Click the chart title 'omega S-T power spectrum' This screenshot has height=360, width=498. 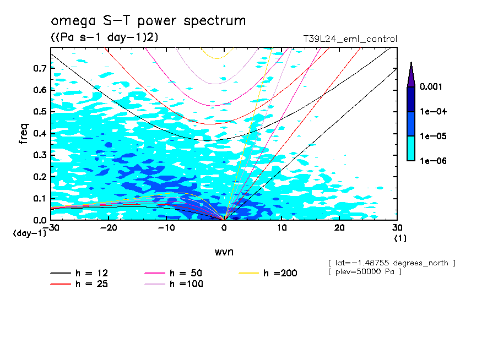148,21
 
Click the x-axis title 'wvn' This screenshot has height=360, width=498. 224,252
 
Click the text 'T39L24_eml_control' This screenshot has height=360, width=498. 350,39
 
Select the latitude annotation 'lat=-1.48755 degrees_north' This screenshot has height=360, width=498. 391,263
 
